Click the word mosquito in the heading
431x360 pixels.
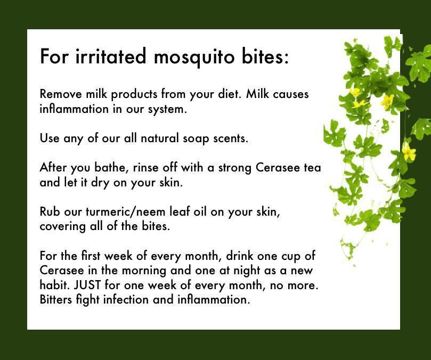[194, 57]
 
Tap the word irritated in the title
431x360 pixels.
[111, 56]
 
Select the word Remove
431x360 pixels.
[61, 94]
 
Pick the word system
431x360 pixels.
[167, 110]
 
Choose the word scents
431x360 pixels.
[231, 138]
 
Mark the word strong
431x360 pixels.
[235, 168]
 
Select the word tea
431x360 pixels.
[313, 168]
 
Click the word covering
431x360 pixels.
[63, 227]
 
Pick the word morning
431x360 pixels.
[144, 271]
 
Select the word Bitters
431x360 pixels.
[56, 299]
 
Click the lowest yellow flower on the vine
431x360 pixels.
[409, 152]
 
